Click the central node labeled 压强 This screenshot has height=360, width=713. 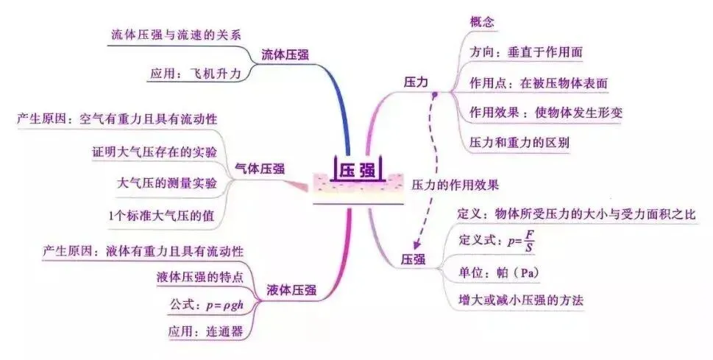point(357,170)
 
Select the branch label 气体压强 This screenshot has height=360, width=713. point(259,169)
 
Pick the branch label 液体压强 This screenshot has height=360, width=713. point(291,291)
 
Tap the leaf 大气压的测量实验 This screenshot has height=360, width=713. point(167,183)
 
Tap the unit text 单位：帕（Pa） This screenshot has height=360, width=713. point(499,272)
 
